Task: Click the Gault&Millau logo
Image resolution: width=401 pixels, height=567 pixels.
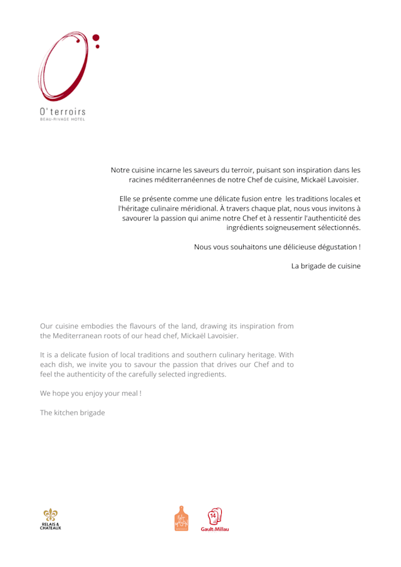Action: (215, 519)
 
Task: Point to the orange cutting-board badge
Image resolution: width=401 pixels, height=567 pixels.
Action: (181, 519)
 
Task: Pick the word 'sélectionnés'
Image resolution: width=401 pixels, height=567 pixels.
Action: (337, 227)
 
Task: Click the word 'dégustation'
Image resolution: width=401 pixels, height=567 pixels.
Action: (332, 247)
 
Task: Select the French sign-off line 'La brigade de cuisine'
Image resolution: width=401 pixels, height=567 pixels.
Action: (326, 266)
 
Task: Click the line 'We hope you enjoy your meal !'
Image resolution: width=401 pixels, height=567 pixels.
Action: (90, 393)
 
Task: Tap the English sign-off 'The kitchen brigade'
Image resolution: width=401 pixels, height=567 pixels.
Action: (72, 413)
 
